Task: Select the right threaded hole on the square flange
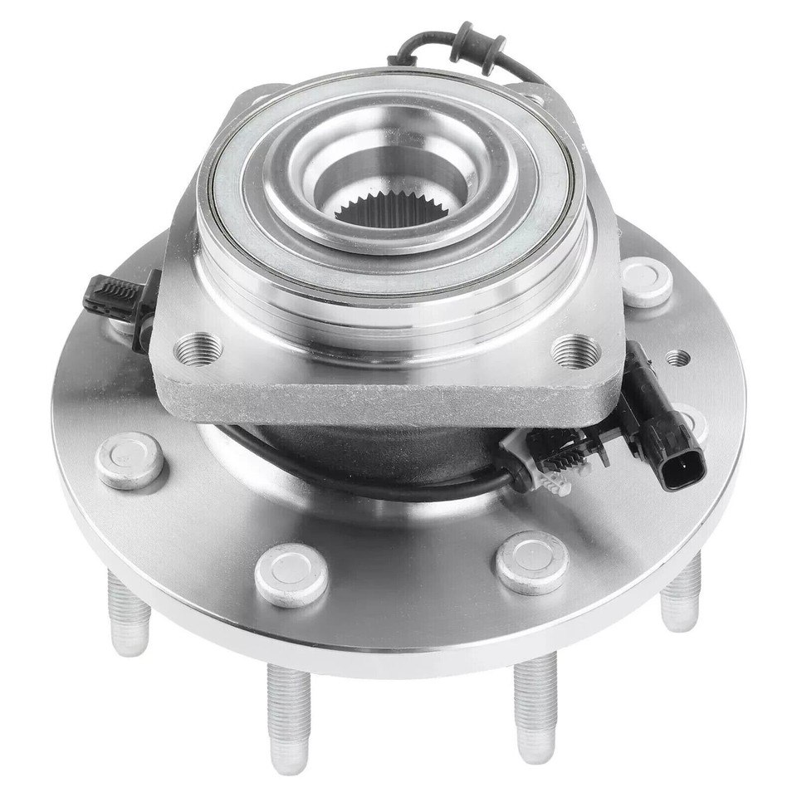[x=575, y=350]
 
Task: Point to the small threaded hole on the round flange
[x=677, y=359]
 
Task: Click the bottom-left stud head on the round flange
[x=291, y=574]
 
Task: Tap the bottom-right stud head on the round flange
[x=532, y=562]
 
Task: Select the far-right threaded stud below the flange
[x=682, y=594]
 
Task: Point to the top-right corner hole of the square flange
[x=536, y=100]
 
